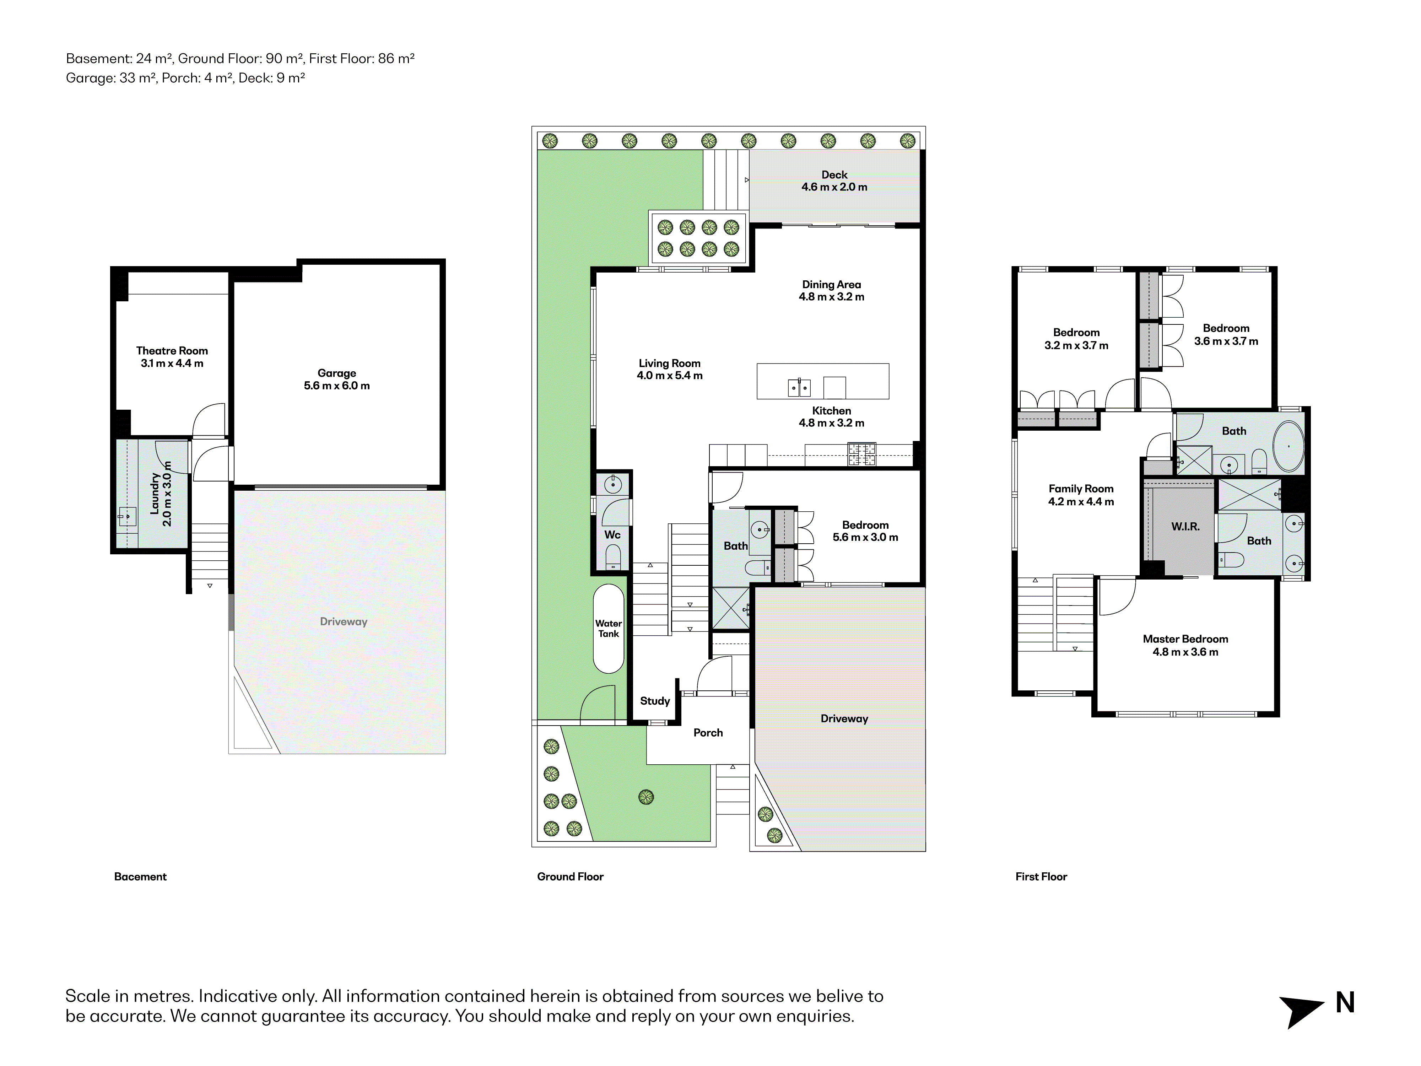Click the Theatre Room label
(172, 357)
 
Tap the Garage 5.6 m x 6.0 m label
(337, 379)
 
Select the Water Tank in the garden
(608, 629)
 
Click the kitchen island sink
(800, 387)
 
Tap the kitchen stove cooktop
(861, 454)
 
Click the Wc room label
(612, 535)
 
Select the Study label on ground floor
(655, 701)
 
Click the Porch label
(708, 732)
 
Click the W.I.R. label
(1185, 526)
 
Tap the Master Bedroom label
(1185, 645)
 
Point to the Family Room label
(1081, 495)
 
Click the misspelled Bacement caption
(140, 877)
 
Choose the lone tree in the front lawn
(645, 797)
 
